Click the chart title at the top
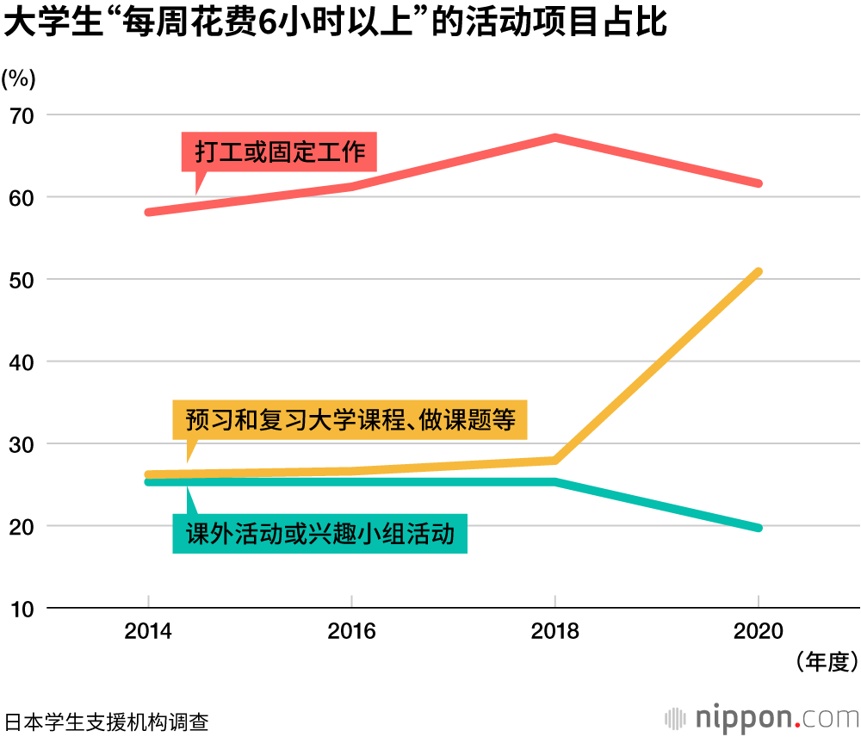336,23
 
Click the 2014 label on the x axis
148,631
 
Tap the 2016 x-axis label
351,631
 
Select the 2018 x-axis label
554,631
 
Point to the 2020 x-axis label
758,631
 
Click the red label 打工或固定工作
280,153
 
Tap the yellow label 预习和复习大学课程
350,419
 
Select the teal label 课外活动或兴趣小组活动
319,533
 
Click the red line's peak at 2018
555,138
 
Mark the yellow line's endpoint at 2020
758,273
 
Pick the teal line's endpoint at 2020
758,527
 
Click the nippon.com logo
762,717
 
